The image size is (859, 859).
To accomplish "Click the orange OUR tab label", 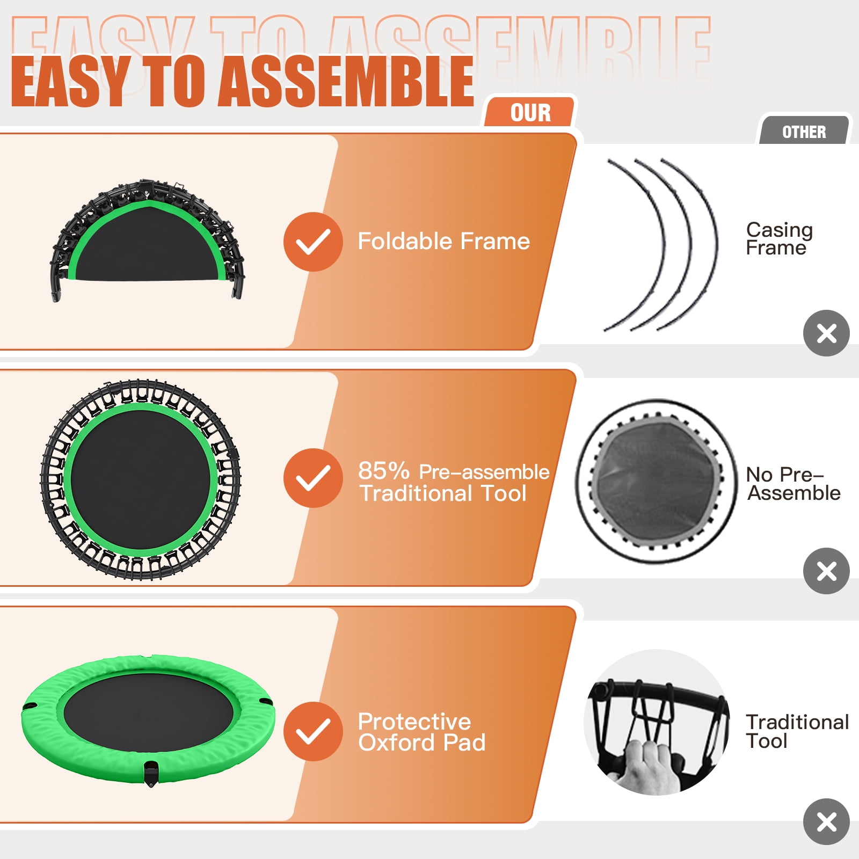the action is coord(530,113).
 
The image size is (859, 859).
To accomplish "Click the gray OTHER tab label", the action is coord(804,132).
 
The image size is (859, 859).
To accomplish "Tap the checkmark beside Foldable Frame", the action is coord(313,242).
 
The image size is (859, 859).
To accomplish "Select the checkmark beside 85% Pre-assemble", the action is coord(313,478).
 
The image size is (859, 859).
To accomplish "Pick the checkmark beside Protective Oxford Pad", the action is coord(313,731).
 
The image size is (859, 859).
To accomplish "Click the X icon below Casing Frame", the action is coord(826,333).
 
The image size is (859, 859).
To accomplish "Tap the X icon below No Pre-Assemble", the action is coord(826,571).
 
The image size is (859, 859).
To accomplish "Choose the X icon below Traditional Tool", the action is coord(826,821).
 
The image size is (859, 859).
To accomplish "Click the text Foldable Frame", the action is coord(444,241).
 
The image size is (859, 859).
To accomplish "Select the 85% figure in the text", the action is coord(384,471).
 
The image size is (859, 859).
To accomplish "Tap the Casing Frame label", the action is coord(779,238).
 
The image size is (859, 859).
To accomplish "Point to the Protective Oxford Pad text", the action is coord(422,732).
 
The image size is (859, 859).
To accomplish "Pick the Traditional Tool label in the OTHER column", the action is coord(797,731).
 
